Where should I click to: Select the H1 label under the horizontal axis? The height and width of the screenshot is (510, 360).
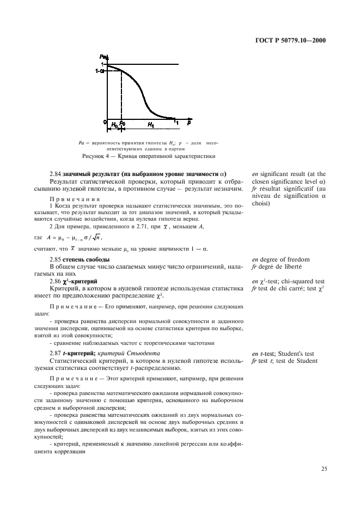pos(150,125)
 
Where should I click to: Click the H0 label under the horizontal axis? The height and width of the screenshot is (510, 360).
pos(114,125)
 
